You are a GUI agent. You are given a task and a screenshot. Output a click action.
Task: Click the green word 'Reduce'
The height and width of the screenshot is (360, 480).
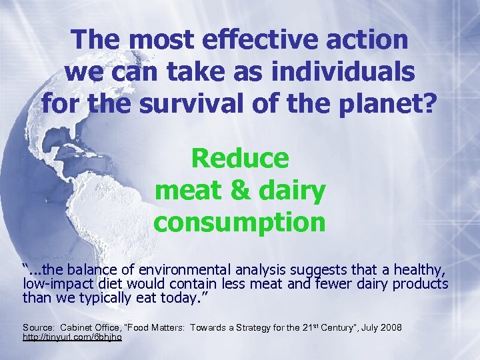pyautogui.click(x=240, y=159)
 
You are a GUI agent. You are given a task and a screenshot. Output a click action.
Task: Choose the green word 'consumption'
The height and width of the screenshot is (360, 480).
pyautogui.click(x=240, y=222)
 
